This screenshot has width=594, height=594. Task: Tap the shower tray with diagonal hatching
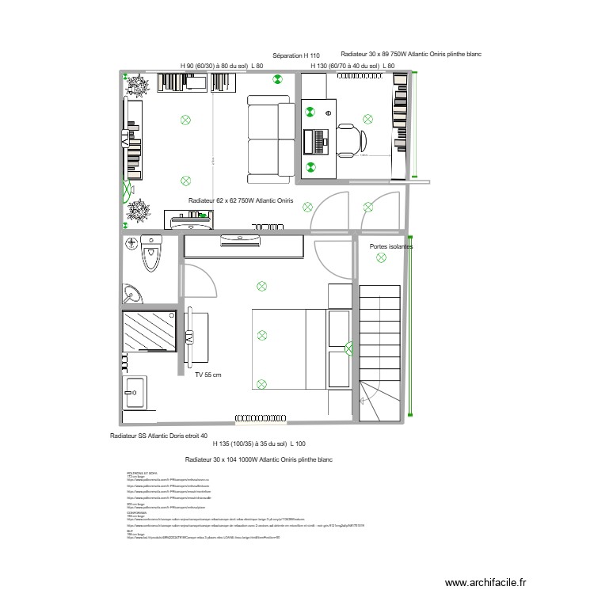pos(149,331)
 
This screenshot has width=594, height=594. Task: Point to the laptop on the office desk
pos(321,141)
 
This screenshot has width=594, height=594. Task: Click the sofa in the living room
pos(269,135)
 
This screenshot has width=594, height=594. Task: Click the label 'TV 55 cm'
pos(208,375)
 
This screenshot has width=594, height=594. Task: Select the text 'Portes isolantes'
pos(390,246)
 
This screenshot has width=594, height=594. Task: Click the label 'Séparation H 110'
pos(295,56)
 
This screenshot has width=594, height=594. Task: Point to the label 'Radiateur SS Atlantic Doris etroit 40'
pos(159,436)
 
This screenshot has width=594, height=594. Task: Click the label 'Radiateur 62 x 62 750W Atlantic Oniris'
pos(241,201)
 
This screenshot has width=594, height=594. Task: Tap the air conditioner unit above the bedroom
pos(242,236)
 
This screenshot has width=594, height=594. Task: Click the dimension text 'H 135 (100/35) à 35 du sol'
pos(259,445)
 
